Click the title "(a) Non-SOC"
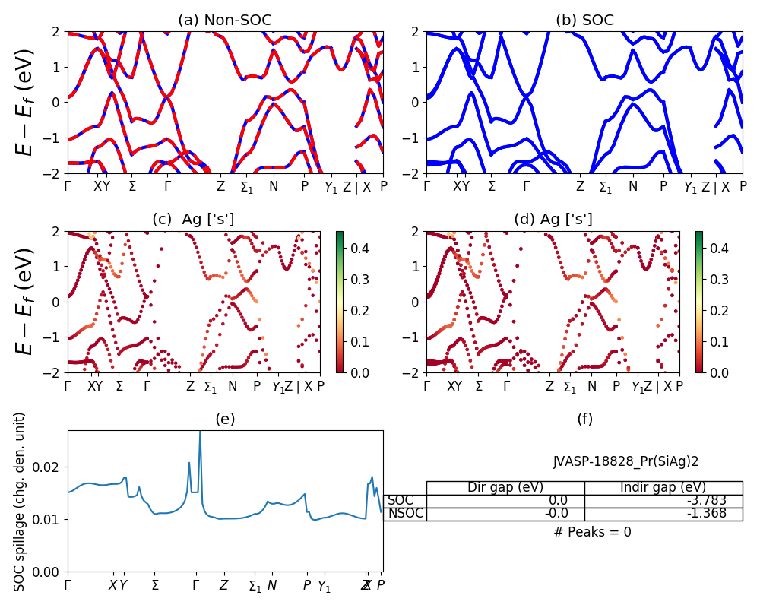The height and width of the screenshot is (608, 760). (x=225, y=21)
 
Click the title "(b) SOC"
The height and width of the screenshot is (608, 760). (x=584, y=21)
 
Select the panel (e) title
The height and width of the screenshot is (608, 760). (x=225, y=419)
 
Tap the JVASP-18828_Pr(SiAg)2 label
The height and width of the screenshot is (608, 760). (x=625, y=461)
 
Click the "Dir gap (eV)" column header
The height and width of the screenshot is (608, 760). (x=505, y=487)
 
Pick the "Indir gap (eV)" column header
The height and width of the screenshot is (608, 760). (x=663, y=487)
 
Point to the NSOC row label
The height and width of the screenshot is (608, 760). (x=405, y=513)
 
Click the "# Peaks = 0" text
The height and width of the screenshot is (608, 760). (x=592, y=532)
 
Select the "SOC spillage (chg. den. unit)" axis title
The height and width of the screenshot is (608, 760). (x=21, y=502)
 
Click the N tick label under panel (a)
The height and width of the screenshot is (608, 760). (x=274, y=186)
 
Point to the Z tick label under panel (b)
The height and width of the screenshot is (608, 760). (x=580, y=186)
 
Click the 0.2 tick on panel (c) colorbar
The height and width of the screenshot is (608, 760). (x=361, y=310)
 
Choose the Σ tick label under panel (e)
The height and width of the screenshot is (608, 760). (x=155, y=585)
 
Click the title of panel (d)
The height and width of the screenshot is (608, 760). (x=555, y=220)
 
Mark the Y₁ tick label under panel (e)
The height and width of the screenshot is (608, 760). (x=324, y=586)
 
